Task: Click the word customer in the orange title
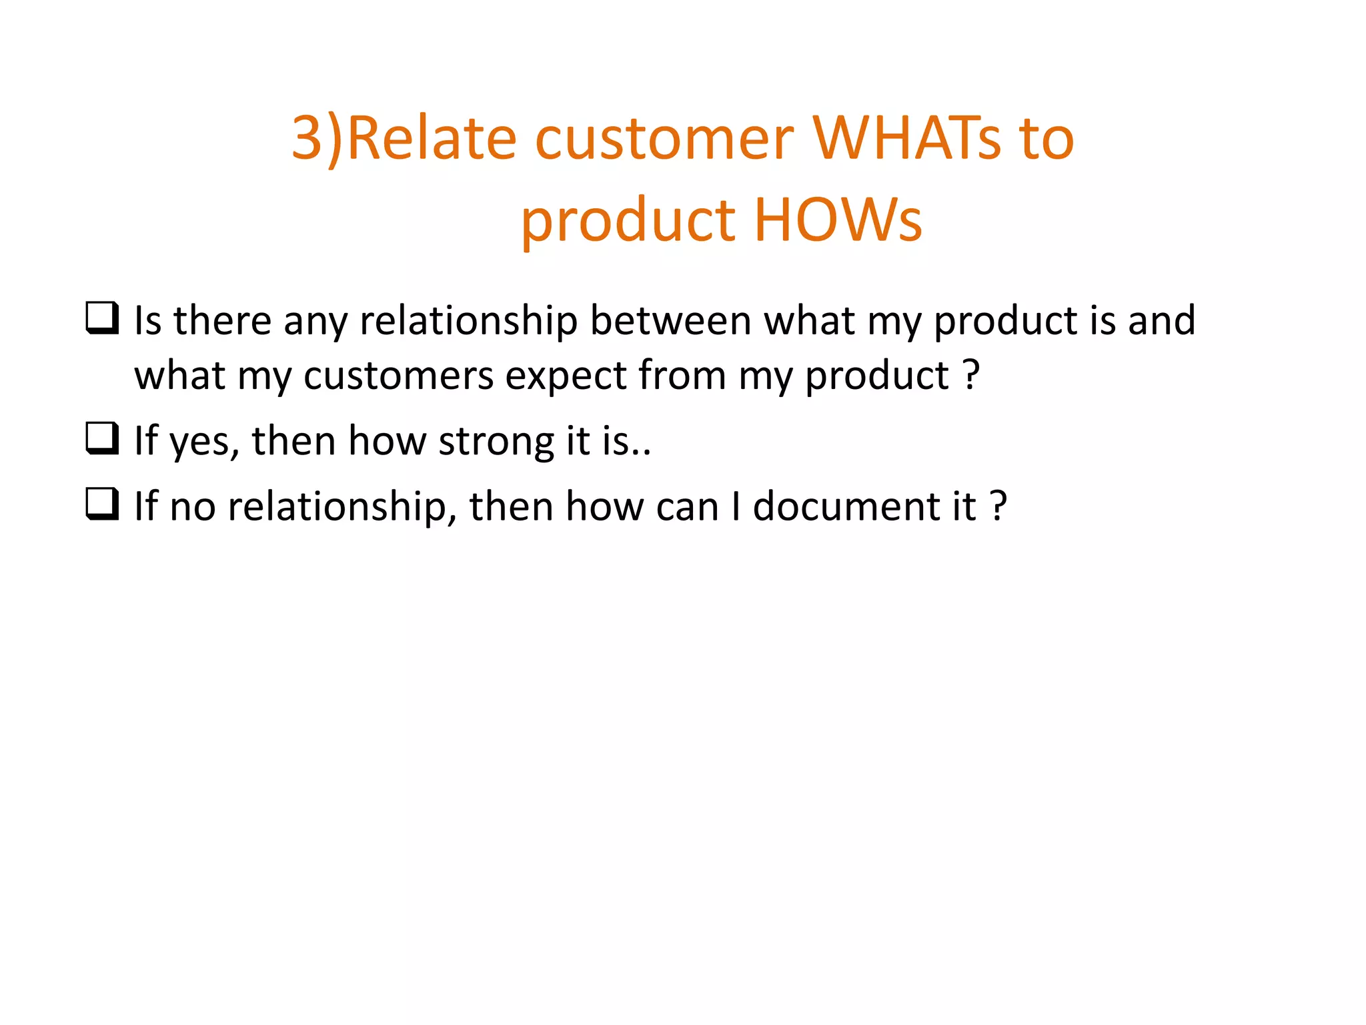coord(664,139)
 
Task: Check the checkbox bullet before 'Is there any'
coord(102,318)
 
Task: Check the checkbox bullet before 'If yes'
coord(102,438)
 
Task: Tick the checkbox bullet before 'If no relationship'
coord(102,504)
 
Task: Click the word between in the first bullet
coord(670,320)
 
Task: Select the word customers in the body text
coord(398,376)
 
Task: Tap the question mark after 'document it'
coord(998,506)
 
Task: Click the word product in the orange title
coord(628,221)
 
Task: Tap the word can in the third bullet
coord(687,507)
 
